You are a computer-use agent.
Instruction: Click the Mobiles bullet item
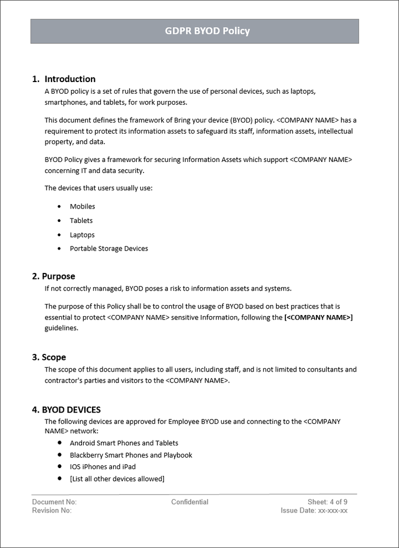point(83,206)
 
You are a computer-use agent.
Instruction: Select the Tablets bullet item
point(81,221)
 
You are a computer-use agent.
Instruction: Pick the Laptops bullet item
point(82,235)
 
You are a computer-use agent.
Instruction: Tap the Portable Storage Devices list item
point(109,248)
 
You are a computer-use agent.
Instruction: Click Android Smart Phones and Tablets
point(124,443)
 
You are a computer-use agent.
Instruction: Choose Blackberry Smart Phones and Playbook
point(131,455)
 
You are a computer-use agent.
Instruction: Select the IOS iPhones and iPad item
point(103,467)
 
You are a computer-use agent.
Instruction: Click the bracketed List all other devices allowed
point(117,479)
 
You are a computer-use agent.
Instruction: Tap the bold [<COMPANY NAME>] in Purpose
point(318,317)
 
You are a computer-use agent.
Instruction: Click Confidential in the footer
point(190,502)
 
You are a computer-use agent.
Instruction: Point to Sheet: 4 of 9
point(328,502)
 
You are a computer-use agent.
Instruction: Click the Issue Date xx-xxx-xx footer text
point(314,511)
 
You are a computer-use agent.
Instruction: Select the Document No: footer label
point(54,502)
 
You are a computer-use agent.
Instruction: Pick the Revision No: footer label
point(52,511)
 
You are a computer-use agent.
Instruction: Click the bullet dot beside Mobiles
point(59,206)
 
